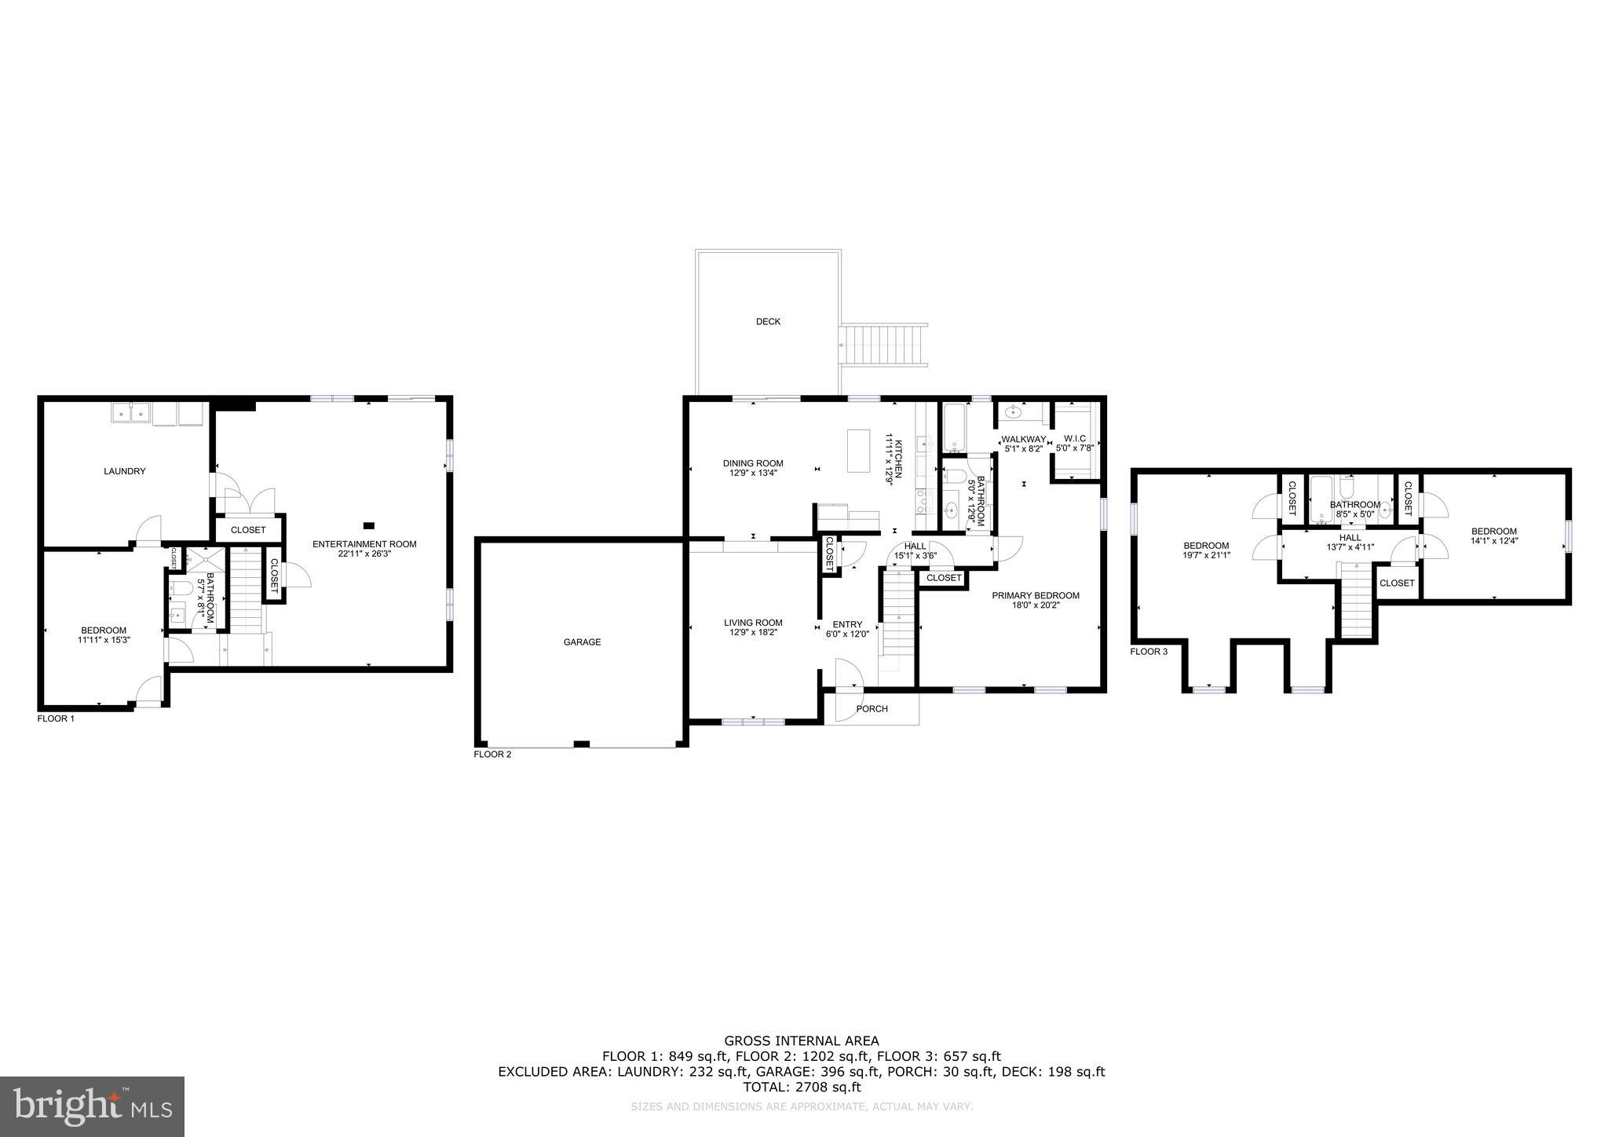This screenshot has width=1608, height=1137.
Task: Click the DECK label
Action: point(768,321)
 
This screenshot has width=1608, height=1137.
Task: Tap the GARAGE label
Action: point(582,642)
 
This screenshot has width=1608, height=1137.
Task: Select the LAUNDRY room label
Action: point(125,471)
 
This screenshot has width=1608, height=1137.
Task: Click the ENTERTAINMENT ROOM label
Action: point(364,543)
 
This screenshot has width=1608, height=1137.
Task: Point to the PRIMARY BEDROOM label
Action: point(1035,595)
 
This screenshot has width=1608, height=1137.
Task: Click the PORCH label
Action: point(872,708)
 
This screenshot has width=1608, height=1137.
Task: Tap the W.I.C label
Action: point(1074,438)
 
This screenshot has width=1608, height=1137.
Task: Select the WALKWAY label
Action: point(1023,439)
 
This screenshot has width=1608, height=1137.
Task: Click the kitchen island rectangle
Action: point(860,450)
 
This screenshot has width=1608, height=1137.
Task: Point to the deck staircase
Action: point(883,345)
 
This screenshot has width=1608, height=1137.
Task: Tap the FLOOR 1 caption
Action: point(56,718)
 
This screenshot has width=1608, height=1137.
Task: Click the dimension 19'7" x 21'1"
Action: point(1206,555)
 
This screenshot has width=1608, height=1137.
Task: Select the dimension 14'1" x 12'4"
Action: point(1493,540)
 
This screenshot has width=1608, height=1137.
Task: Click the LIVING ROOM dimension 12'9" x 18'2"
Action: point(753,632)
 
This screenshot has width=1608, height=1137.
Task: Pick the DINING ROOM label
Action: point(752,463)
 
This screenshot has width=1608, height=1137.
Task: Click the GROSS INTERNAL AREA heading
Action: point(801,1041)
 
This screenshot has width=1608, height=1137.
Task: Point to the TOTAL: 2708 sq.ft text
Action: point(801,1087)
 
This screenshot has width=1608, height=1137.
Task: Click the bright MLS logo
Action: point(93,1106)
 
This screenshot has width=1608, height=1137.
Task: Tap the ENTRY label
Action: point(847,624)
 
